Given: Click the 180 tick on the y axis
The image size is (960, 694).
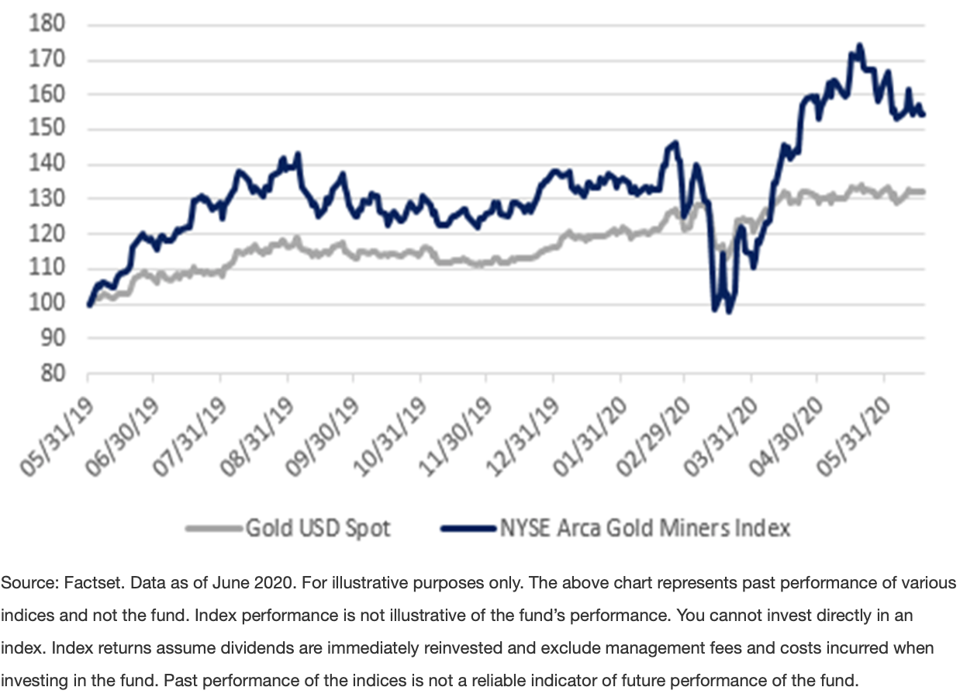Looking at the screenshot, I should [47, 25].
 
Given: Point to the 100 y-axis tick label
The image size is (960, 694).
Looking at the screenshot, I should [47, 304].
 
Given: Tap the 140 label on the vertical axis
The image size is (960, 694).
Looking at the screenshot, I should [47, 165].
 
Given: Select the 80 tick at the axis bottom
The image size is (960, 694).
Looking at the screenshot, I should [51, 373].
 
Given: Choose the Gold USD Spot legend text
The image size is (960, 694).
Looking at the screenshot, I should [318, 529].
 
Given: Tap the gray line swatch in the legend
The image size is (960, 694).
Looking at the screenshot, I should [213, 529].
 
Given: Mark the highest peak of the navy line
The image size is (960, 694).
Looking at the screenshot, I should [858, 45].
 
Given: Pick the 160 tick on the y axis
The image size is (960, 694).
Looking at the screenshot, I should [47, 95].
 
